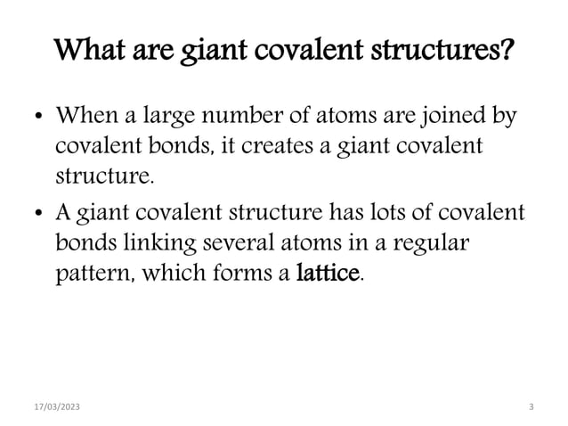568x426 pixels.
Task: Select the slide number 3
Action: click(x=531, y=406)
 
